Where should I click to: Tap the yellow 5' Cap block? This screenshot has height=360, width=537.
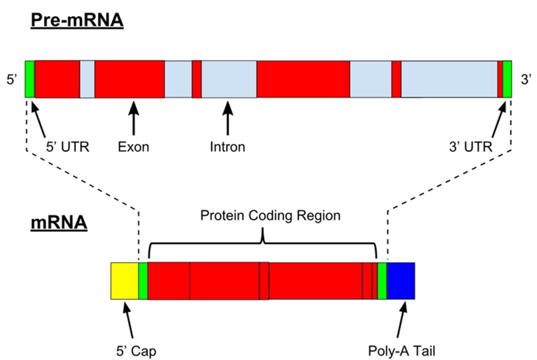(x=124, y=281)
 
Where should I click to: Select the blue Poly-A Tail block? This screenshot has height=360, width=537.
(x=401, y=281)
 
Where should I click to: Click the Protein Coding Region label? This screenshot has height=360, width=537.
(x=263, y=216)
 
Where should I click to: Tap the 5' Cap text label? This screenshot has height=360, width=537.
(x=135, y=348)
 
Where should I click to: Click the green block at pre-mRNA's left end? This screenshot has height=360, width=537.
(x=29, y=79)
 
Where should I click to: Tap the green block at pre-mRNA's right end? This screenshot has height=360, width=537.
(x=507, y=79)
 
